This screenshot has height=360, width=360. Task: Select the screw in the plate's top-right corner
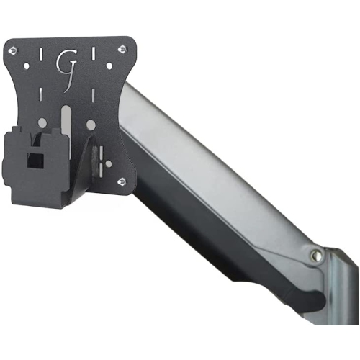122,49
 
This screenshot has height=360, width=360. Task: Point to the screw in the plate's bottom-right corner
122,180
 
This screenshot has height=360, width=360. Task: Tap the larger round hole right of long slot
91,124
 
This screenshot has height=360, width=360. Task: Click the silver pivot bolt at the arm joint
316,255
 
